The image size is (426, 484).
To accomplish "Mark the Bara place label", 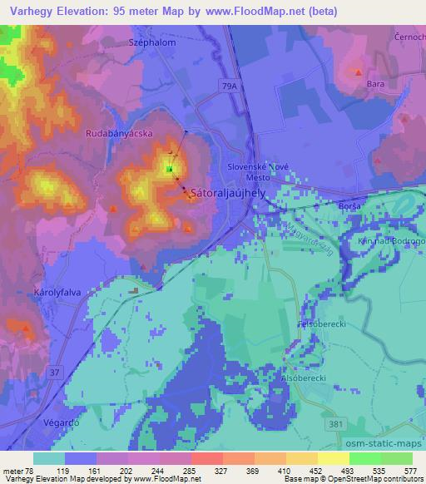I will pyautogui.click(x=374, y=84).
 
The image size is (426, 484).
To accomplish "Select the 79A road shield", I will pyautogui.click(x=230, y=85).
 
